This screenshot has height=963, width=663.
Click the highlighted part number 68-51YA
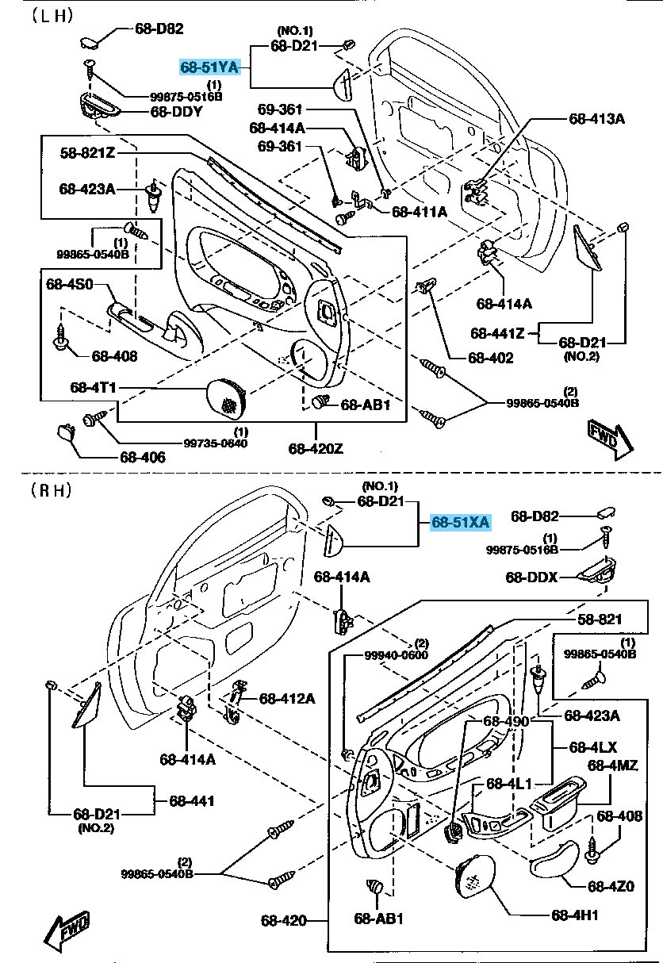click(209, 67)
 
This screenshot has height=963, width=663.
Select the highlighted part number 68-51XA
click(460, 522)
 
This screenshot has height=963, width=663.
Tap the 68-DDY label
click(176, 112)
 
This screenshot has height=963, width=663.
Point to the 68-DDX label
click(532, 577)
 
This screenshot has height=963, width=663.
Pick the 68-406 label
click(143, 457)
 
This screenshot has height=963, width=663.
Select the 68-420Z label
click(316, 449)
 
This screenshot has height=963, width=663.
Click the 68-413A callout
click(596, 119)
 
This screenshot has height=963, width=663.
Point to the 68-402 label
click(490, 358)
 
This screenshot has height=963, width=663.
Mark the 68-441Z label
click(497, 333)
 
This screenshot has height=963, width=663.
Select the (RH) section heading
click(51, 490)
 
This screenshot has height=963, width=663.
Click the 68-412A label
click(287, 698)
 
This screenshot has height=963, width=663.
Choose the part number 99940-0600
click(396, 655)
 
